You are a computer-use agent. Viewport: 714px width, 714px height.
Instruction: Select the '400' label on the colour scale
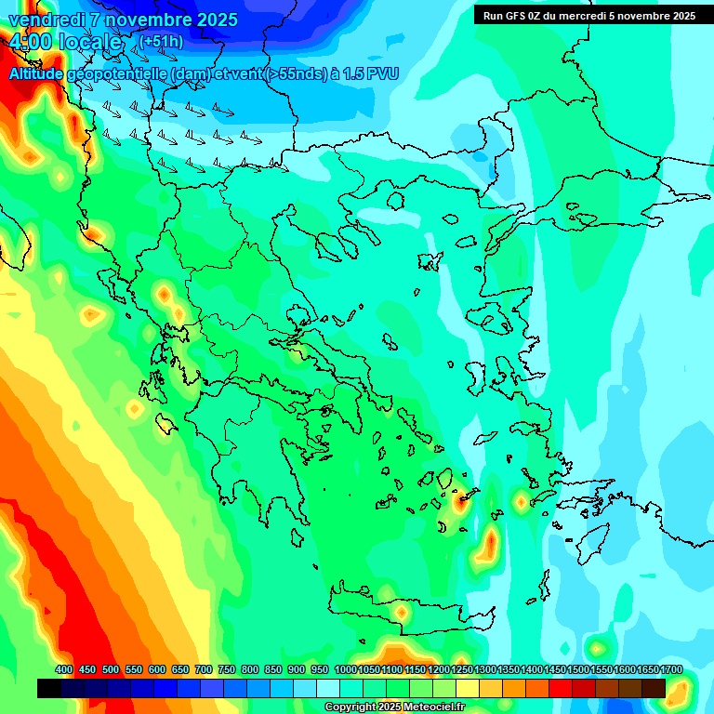[63, 669]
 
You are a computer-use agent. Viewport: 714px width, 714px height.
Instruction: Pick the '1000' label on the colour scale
[346, 669]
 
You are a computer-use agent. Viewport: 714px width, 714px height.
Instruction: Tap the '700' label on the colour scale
[204, 669]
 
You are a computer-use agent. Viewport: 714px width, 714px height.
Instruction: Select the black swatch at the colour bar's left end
[49, 688]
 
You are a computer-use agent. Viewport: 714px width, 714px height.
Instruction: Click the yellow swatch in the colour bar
[468, 688]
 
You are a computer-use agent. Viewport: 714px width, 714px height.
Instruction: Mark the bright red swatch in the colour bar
[561, 688]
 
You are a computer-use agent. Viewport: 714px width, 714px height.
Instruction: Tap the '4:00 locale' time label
[65, 43]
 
